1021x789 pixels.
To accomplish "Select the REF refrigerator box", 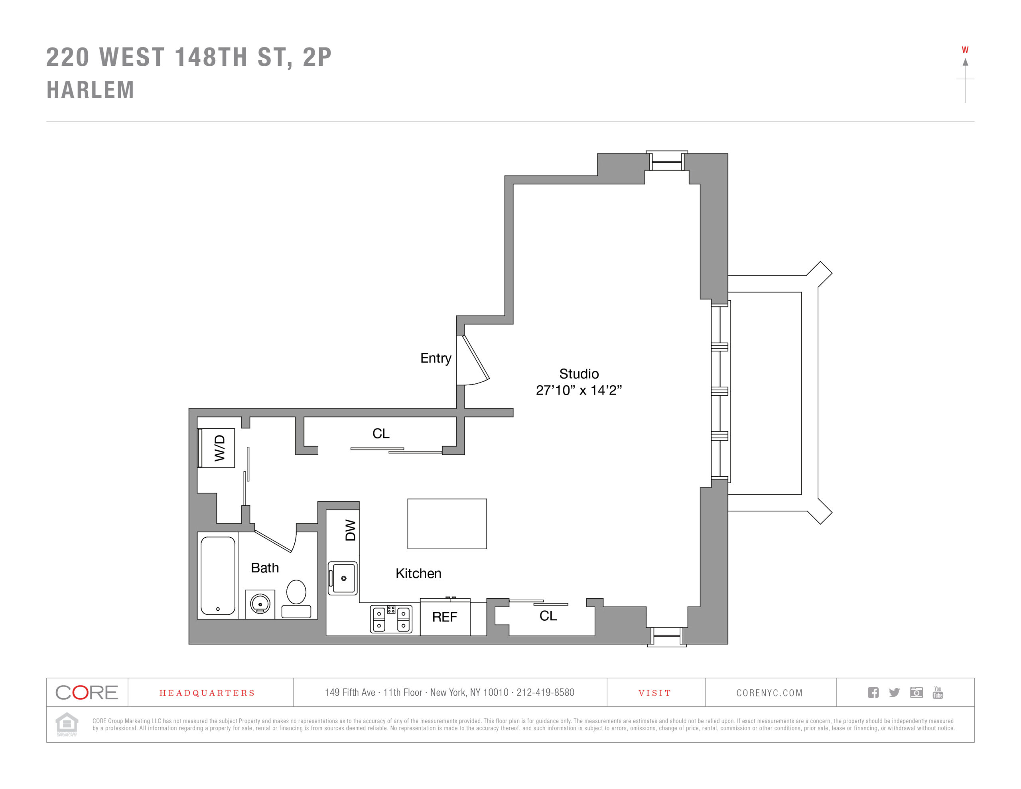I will [445, 617].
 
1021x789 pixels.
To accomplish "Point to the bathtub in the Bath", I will [218, 575].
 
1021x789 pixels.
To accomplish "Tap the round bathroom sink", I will [260, 604].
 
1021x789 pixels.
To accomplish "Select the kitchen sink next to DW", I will [343, 578].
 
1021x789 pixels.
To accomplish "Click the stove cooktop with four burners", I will [391, 619].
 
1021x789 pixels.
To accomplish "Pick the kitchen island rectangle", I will [447, 524].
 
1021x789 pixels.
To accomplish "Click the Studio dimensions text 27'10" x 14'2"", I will [578, 390].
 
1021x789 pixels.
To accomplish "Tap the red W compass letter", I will [965, 50].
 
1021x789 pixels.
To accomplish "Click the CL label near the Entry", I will [380, 434].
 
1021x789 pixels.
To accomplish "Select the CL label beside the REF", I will [548, 615].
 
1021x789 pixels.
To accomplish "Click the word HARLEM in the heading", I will [90, 90].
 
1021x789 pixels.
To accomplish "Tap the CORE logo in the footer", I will [87, 692].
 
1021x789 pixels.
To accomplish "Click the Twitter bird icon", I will [894, 692].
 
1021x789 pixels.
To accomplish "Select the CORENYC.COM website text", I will [769, 692].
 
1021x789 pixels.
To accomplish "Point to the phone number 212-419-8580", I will [545, 692].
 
